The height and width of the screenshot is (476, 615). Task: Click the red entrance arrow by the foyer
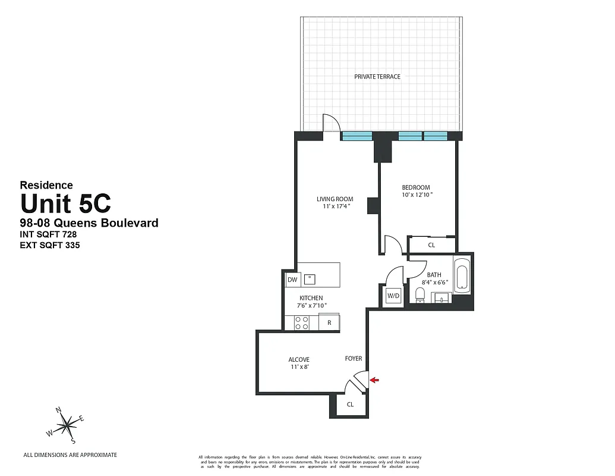click(374, 380)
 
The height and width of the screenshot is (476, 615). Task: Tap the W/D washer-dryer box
click(393, 296)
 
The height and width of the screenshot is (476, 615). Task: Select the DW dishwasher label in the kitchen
click(292, 280)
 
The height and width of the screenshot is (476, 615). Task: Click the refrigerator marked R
click(329, 323)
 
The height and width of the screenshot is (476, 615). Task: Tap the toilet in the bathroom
click(420, 294)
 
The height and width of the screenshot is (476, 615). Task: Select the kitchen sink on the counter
click(310, 278)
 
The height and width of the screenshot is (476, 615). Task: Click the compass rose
click(67, 424)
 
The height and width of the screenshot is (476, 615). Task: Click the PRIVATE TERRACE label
click(377, 77)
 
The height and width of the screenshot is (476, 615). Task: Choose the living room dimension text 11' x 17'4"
click(335, 206)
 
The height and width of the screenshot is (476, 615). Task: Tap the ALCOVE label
click(299, 359)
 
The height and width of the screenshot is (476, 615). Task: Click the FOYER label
click(354, 359)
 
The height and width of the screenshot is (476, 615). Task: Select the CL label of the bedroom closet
click(431, 245)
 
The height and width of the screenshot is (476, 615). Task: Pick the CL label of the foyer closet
click(350, 404)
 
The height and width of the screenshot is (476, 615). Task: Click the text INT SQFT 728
click(49, 234)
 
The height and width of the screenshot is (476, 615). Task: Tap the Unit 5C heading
click(65, 204)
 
